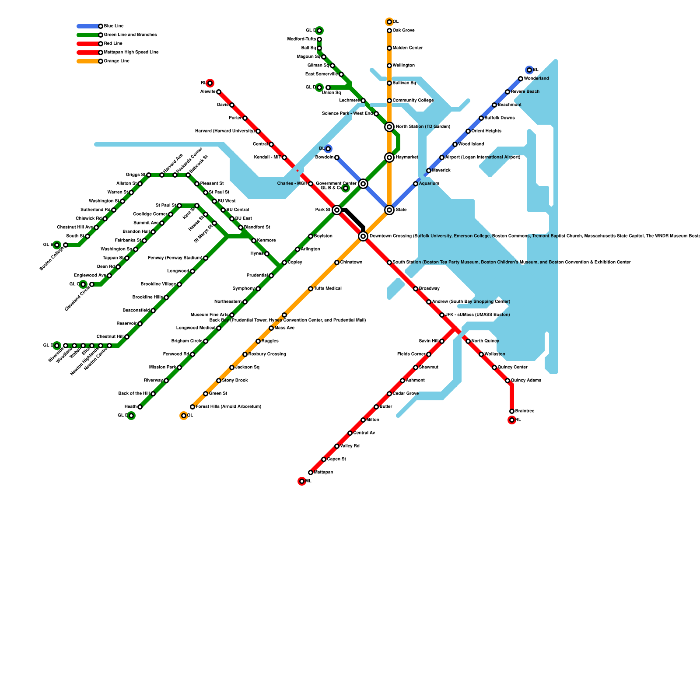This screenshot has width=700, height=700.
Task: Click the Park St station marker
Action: click(x=336, y=210)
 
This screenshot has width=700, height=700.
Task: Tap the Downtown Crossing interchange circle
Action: click(x=363, y=236)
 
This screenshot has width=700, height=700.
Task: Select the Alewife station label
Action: click(x=208, y=92)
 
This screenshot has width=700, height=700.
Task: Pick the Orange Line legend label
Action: click(x=116, y=61)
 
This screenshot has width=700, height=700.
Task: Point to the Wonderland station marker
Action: click(x=520, y=79)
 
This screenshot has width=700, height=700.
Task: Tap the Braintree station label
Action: click(x=525, y=411)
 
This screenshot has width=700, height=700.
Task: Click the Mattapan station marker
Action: click(x=310, y=472)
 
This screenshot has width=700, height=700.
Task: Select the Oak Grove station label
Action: click(x=403, y=31)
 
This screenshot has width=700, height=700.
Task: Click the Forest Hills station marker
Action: click(x=192, y=407)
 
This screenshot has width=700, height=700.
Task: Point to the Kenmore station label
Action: click(x=266, y=241)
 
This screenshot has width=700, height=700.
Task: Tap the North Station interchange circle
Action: click(x=389, y=127)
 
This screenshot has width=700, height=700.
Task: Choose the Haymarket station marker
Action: click(x=389, y=157)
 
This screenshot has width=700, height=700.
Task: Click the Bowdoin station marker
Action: click(x=336, y=157)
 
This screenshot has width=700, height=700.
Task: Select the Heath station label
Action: click(x=130, y=407)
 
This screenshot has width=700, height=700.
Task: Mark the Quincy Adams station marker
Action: click(x=507, y=381)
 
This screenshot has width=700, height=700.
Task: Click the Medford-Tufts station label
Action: click(x=301, y=39)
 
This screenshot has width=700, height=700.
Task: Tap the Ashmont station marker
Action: click(x=402, y=381)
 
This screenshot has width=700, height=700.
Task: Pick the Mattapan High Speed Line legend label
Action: click(x=131, y=52)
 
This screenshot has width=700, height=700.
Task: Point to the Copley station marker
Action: click(x=284, y=262)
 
